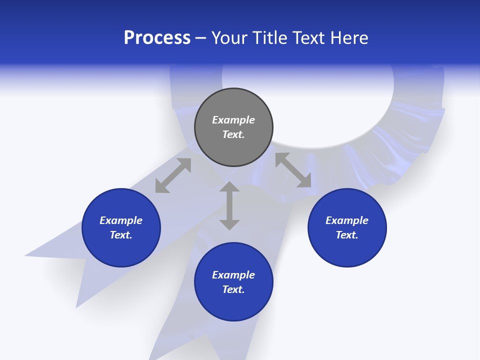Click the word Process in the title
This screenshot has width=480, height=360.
point(157,38)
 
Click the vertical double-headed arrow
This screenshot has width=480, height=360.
point(229,205)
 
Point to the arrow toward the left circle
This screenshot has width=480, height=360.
point(173,175)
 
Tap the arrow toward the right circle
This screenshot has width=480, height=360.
point(293,170)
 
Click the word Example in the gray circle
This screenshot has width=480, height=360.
point(233,120)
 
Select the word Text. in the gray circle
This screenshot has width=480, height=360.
point(233,134)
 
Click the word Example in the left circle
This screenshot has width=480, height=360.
point(121,220)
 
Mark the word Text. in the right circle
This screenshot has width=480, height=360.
point(347,235)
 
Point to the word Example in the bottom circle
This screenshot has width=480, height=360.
point(233,275)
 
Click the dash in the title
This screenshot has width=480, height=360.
point(201,38)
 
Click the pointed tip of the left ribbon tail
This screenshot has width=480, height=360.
point(26,255)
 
